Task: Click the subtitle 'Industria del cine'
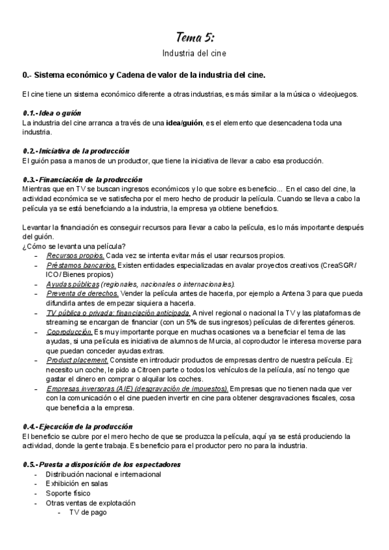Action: click(x=194, y=53)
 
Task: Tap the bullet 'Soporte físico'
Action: click(x=68, y=494)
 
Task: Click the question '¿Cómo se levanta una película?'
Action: click(x=74, y=245)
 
